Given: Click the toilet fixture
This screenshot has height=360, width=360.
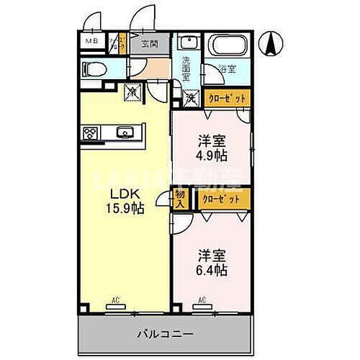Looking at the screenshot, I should pyautogui.click(x=93, y=70).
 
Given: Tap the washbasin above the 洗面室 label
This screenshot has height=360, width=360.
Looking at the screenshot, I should pyautogui.click(x=186, y=42).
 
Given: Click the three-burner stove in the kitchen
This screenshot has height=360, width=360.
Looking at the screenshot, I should pyautogui.click(x=91, y=132).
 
